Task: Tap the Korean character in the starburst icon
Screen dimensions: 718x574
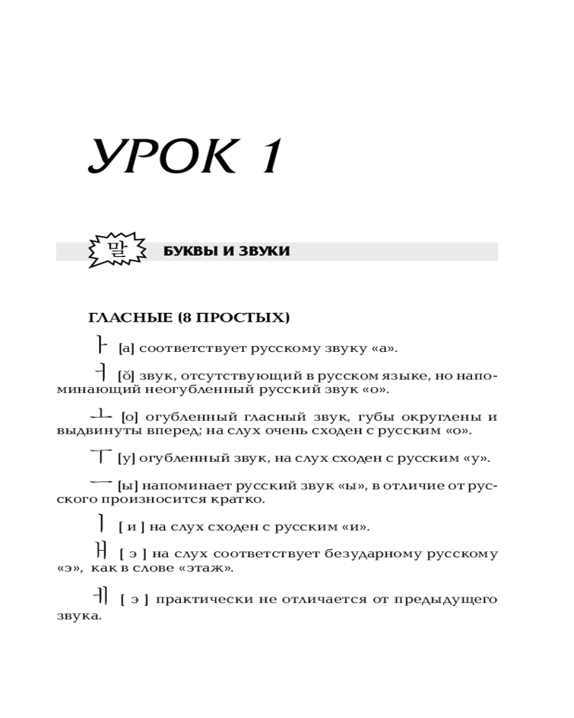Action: [x=115, y=250]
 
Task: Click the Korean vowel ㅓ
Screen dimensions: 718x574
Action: [x=101, y=373]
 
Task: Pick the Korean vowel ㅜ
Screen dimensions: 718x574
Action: [x=103, y=456]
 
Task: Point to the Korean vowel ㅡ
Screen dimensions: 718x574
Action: [x=103, y=484]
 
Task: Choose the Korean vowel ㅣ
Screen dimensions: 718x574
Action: [x=102, y=524]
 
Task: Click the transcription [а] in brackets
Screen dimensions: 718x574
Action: [x=126, y=349]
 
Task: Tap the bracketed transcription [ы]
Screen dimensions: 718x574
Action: [x=128, y=485]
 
